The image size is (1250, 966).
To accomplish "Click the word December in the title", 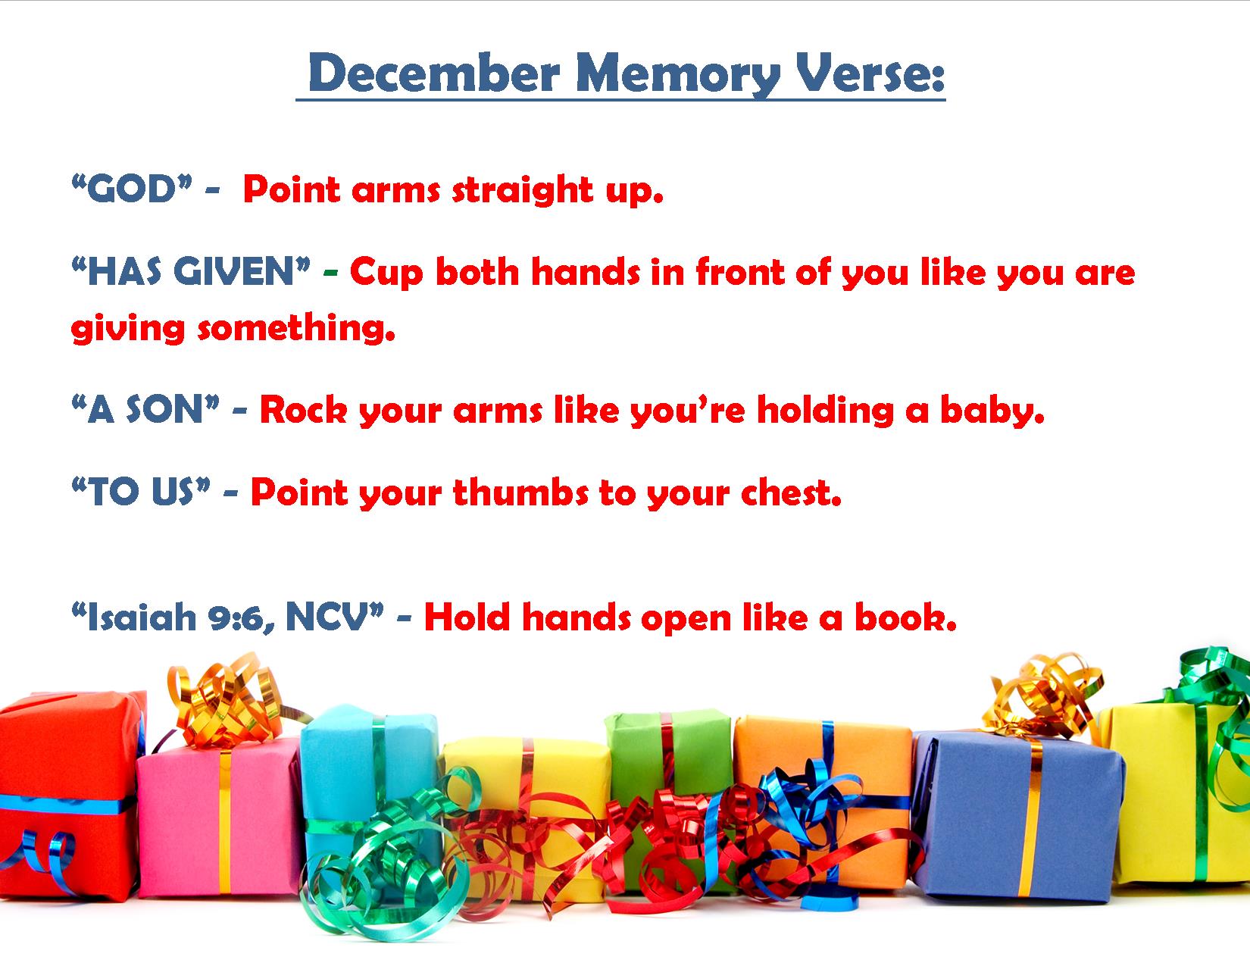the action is [434, 73].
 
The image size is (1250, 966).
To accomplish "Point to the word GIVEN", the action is [242, 271].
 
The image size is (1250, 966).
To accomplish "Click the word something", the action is [297, 329].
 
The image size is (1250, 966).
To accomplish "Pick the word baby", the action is [992, 411].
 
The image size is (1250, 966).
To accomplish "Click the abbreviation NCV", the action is [333, 617].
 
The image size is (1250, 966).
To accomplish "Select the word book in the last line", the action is [905, 617].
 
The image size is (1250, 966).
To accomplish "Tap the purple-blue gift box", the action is [1018, 817].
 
